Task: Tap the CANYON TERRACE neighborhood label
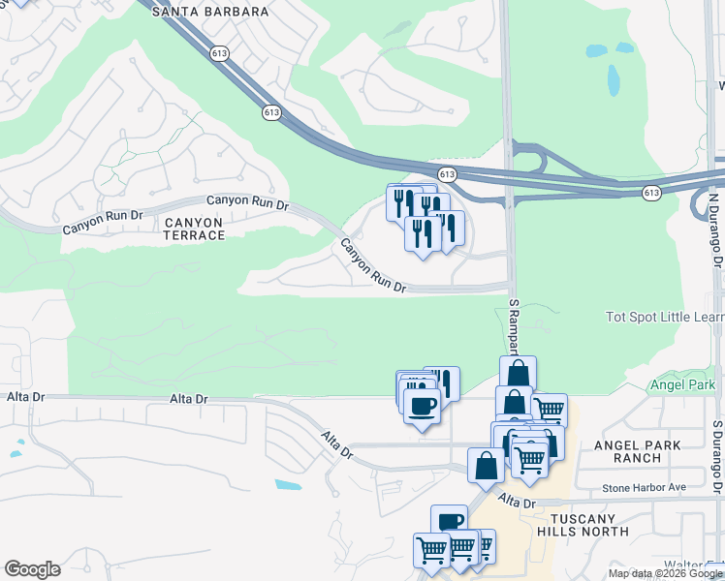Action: (x=194, y=229)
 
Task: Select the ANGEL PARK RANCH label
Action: (x=638, y=451)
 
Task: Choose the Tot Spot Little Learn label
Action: (x=664, y=317)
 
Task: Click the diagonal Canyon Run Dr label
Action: (x=371, y=266)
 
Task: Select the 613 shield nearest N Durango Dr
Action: (x=651, y=193)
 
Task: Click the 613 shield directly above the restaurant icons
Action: (x=447, y=174)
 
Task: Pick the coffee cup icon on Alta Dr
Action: (x=422, y=406)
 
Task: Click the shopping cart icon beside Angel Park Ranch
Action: (x=549, y=410)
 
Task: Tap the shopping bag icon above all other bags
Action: (x=519, y=374)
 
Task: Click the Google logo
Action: (x=32, y=569)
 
